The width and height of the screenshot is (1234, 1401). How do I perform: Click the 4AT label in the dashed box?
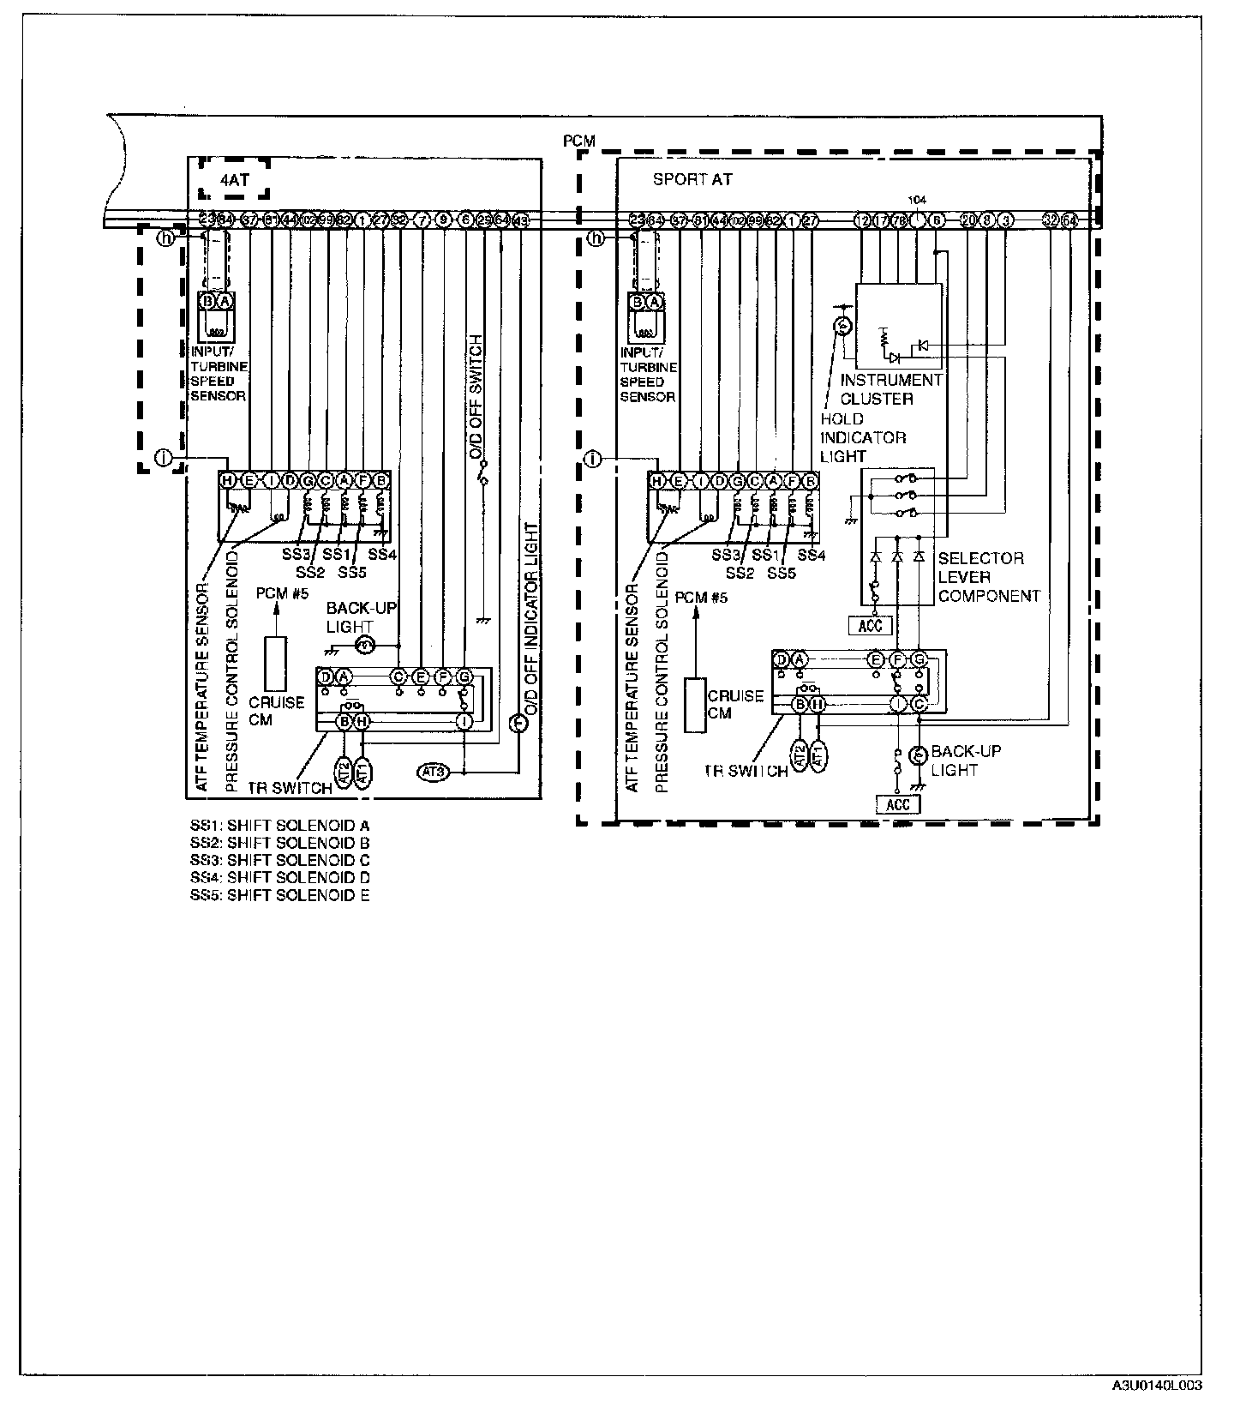click(x=233, y=182)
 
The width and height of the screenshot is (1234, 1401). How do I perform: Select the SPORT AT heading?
click(x=692, y=180)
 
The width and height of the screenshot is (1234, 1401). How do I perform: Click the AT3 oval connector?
click(x=433, y=773)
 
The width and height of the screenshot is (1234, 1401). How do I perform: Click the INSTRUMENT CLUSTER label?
click(x=890, y=389)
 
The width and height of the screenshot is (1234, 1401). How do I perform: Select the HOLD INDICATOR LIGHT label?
click(x=862, y=437)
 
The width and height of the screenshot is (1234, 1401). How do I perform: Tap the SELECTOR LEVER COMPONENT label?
click(x=988, y=577)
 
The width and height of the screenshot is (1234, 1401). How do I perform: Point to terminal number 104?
click(x=916, y=199)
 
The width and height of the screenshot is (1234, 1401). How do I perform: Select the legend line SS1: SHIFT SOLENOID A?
click(x=279, y=826)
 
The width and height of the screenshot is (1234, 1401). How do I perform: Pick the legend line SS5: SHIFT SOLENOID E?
click(x=279, y=895)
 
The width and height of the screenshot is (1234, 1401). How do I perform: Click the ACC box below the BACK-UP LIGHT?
click(x=897, y=804)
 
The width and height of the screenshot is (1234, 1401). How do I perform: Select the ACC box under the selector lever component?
click(x=870, y=625)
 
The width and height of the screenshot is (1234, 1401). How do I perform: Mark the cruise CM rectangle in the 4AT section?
click(x=275, y=663)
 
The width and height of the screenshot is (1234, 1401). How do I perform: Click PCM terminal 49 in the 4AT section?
click(x=520, y=220)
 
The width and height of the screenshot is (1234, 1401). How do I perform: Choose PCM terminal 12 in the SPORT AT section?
click(x=861, y=220)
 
